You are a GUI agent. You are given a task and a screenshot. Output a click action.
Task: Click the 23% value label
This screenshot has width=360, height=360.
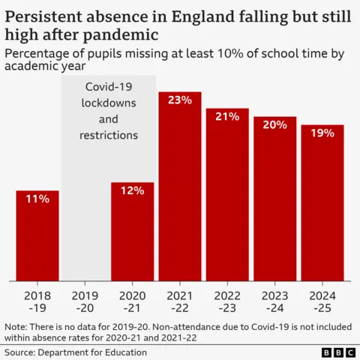coord(180,100)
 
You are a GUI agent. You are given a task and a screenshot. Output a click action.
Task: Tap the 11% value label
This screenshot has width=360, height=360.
coord(37,199)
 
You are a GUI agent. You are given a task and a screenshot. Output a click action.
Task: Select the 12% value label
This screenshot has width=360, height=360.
coord(133,190)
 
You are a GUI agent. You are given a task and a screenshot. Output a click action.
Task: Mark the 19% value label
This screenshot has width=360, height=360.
coord(322,133)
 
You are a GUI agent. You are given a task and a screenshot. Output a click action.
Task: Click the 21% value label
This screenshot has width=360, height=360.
coord(228,116)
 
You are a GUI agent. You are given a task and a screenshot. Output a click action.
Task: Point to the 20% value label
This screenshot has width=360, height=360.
coord(275,124)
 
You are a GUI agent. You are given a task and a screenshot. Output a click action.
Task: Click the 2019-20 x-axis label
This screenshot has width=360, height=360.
coord(85,301)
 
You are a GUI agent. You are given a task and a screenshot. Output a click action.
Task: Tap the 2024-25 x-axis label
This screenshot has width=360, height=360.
coord(322,301)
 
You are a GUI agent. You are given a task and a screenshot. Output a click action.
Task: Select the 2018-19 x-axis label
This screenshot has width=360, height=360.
coord(37,301)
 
